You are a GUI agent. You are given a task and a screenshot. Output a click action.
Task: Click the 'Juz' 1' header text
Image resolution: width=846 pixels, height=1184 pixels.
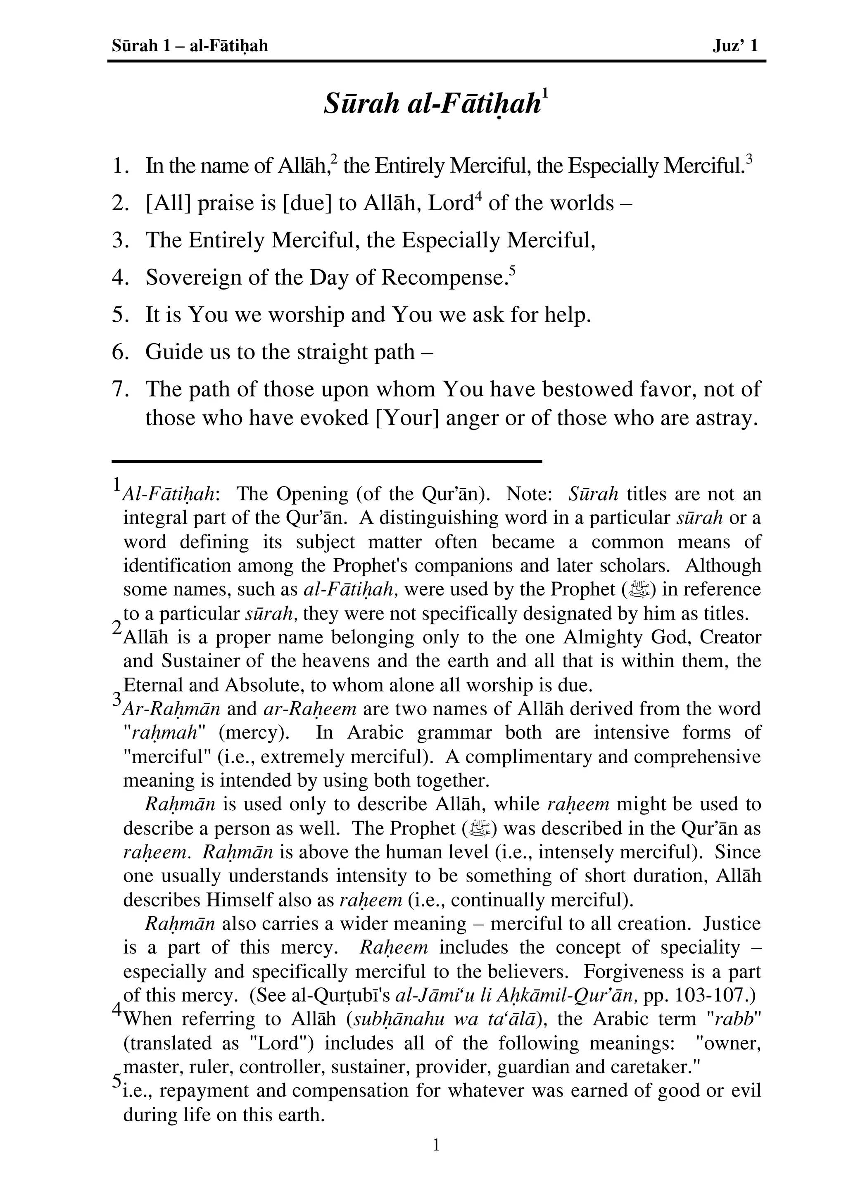(734, 46)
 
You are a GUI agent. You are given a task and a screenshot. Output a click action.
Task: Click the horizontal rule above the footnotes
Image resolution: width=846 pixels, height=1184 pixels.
(327, 461)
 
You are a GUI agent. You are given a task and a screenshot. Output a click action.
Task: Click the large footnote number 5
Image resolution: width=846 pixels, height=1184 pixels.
(116, 1082)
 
